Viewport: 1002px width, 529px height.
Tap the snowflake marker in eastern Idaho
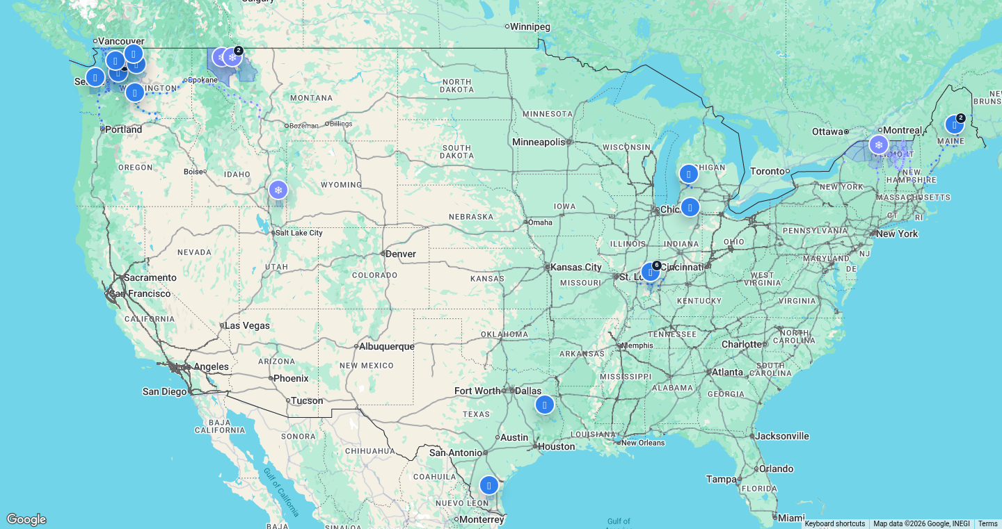278,190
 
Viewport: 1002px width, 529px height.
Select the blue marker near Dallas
545,405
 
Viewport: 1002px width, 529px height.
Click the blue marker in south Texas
489,485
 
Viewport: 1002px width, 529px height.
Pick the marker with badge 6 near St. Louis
651,272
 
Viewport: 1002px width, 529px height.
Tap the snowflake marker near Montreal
879,145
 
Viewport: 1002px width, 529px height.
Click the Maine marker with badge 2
954,125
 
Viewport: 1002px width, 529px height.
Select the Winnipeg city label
530,27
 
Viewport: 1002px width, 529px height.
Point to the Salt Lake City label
299,233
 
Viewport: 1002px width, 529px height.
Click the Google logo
26,519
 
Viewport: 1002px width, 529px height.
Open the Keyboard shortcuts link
834,524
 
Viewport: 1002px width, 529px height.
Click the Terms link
987,524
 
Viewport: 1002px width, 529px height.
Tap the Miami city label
791,518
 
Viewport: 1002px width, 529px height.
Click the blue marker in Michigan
688,174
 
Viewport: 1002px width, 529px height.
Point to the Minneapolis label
539,142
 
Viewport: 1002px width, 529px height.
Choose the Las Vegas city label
247,325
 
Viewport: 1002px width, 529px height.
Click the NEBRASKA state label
471,217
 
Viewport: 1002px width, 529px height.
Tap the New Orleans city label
643,443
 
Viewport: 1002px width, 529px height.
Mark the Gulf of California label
282,492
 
